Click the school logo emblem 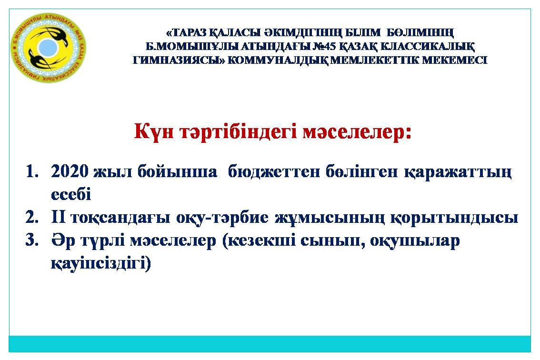click(48, 48)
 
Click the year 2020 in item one click(70, 171)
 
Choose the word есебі click(71, 194)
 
